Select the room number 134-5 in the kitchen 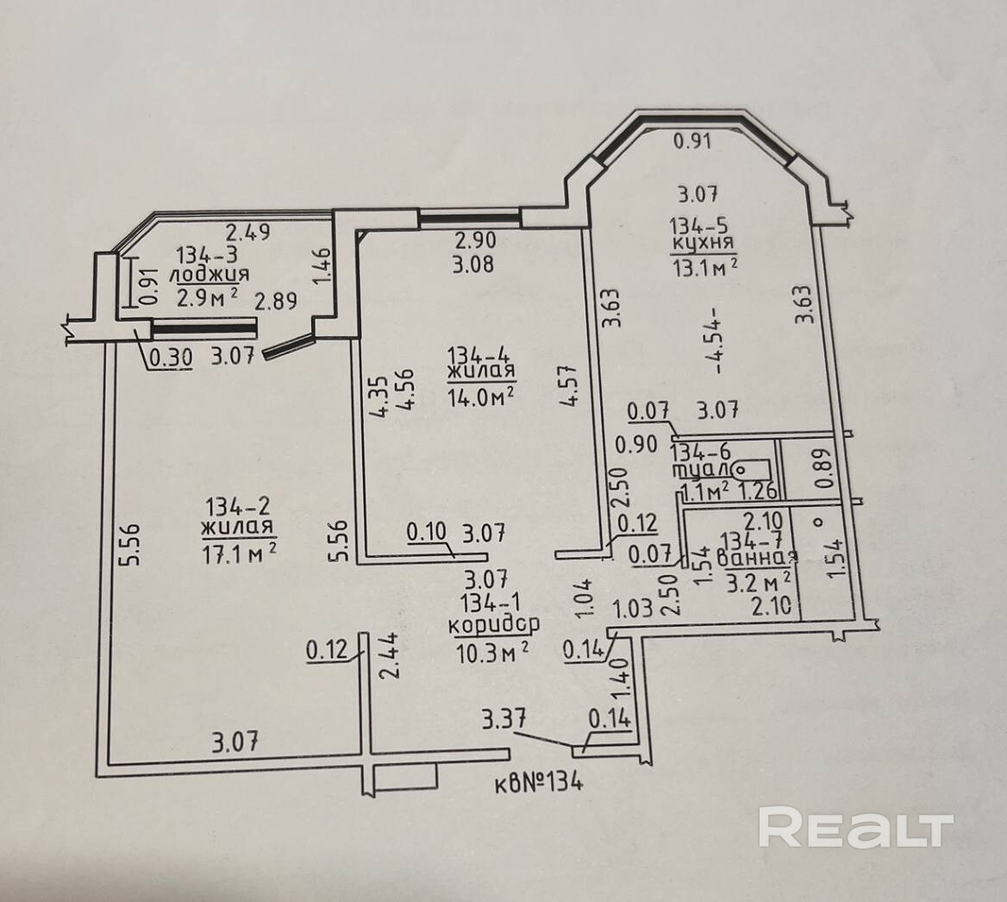[704, 227]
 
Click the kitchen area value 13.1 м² [704, 268]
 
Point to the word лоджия [210, 275]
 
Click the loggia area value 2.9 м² [207, 298]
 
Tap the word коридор [494, 623]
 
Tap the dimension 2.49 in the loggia [248, 231]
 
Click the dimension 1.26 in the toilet [759, 492]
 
